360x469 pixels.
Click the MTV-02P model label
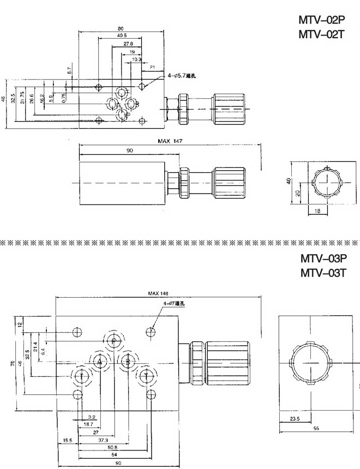322,20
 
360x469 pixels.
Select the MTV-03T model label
323,272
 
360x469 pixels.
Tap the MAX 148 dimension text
158,293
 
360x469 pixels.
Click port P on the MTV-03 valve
113,341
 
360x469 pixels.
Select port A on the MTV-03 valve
99,362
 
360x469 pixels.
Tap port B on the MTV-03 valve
127,362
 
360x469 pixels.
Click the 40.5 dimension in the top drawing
121,35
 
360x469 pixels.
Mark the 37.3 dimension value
103,440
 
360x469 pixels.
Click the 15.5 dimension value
68,440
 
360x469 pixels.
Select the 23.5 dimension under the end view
295,419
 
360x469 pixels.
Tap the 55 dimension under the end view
316,428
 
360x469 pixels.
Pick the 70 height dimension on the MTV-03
13,362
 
